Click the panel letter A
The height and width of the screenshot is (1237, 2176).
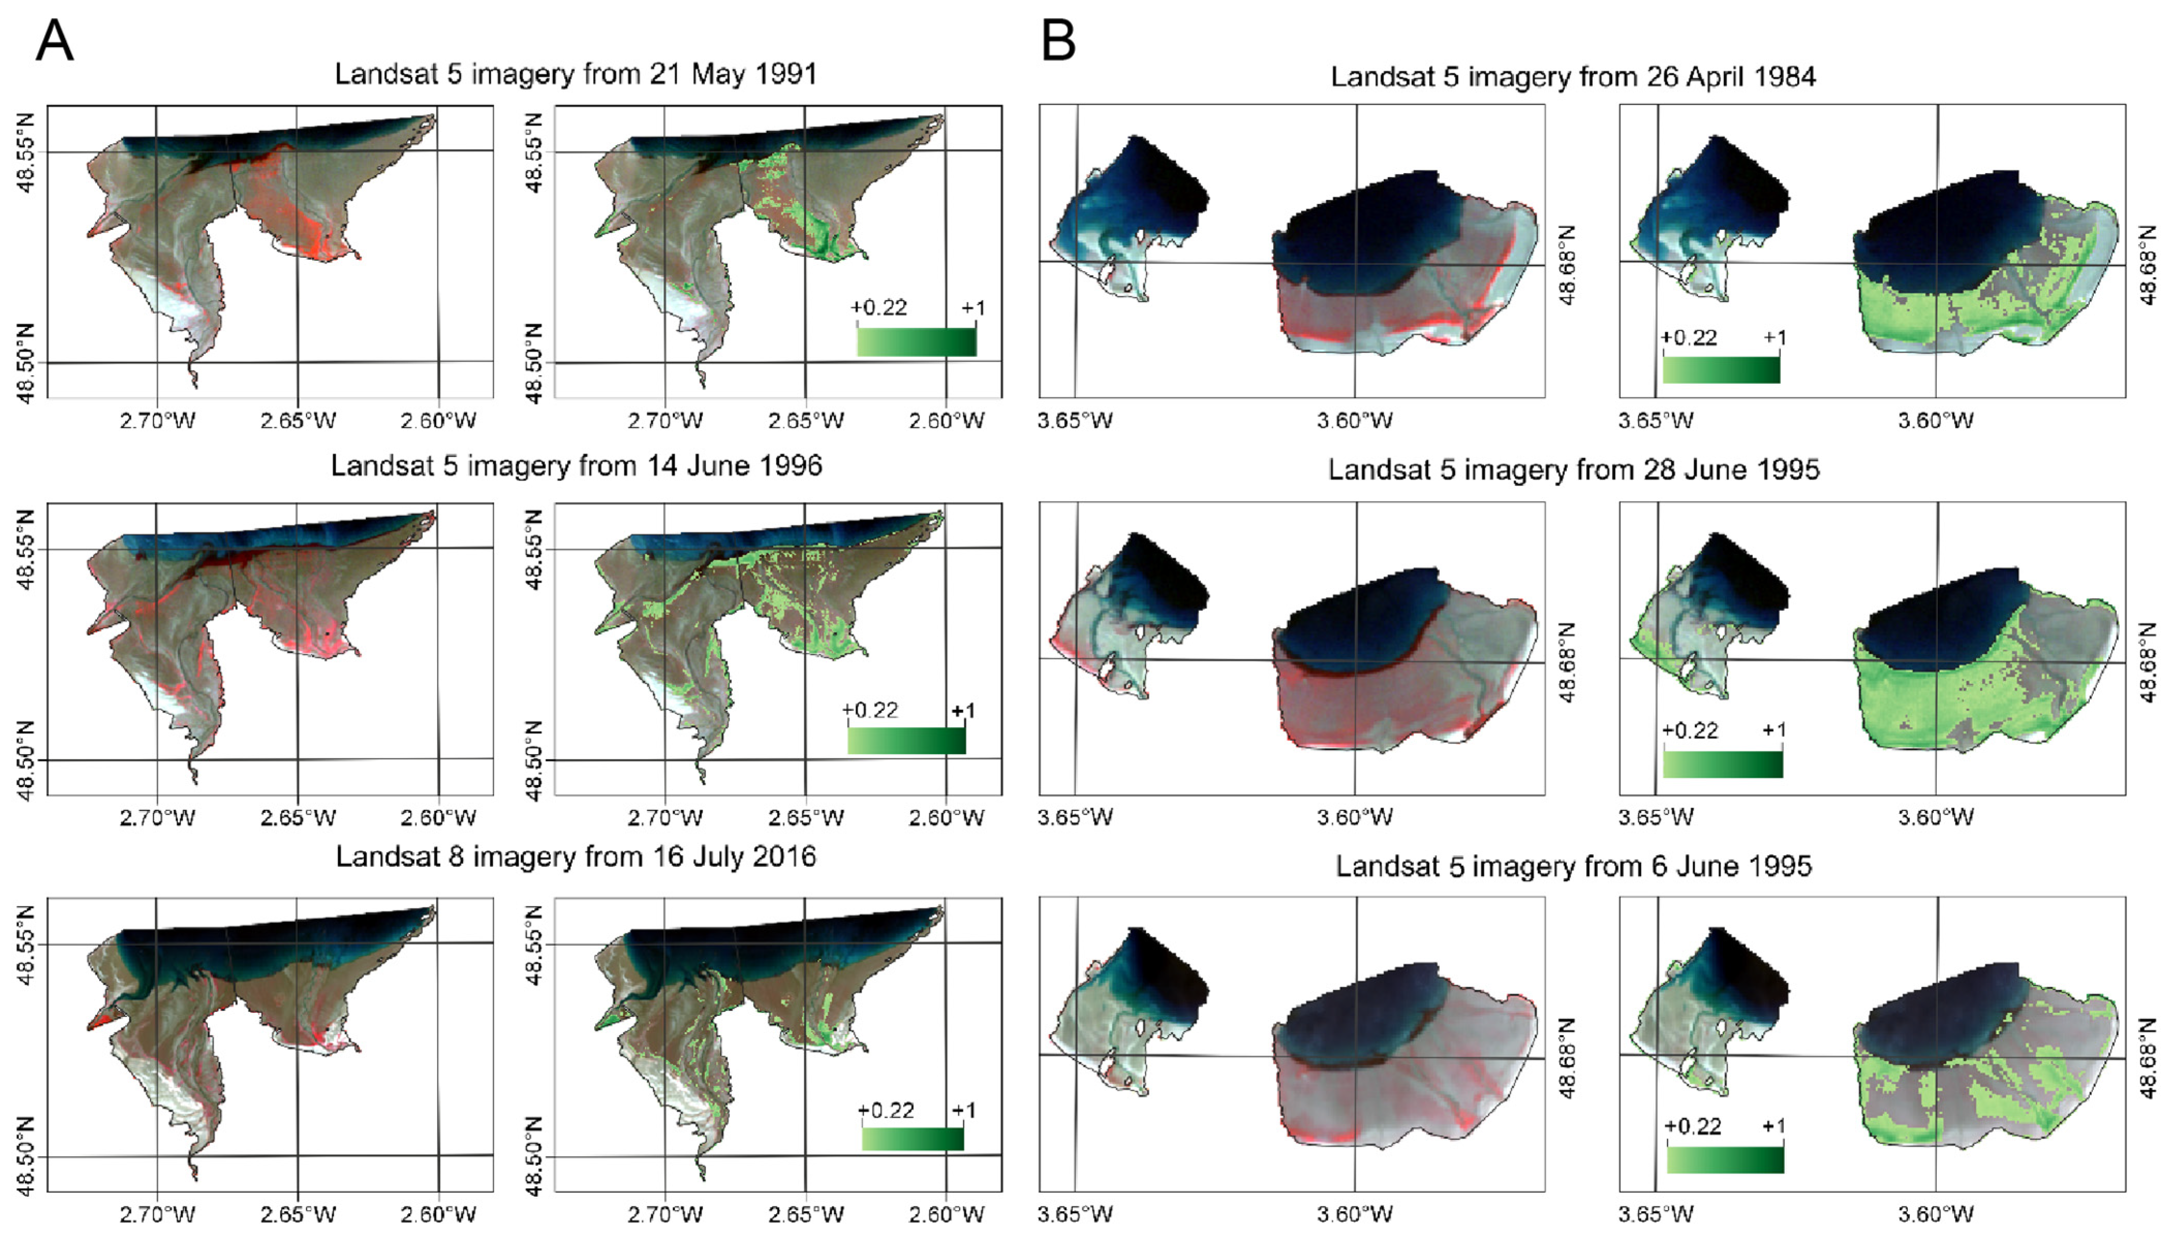click(54, 41)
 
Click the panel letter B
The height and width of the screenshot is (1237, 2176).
click(1058, 41)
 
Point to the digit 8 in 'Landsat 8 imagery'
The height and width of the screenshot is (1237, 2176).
click(456, 856)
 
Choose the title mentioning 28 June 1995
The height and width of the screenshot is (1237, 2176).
click(1574, 470)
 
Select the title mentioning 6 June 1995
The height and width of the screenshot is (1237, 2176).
click(1574, 867)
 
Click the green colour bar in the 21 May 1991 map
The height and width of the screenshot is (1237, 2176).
click(916, 341)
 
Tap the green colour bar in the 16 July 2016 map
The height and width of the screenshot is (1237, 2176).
click(912, 1138)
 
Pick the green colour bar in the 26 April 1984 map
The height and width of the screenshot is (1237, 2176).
click(1720, 370)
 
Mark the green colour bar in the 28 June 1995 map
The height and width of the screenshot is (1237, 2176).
click(1722, 764)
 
